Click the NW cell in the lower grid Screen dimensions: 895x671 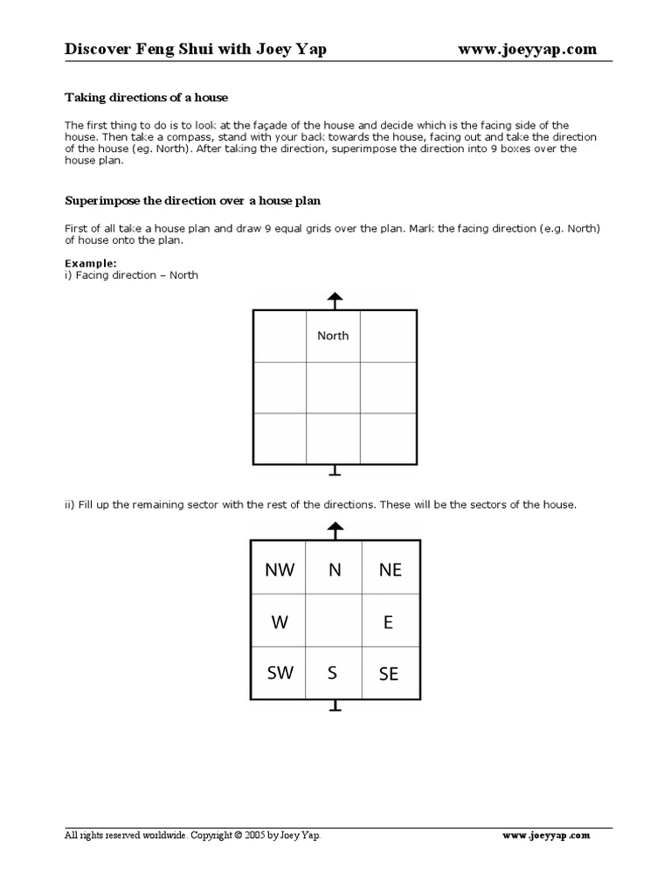pyautogui.click(x=280, y=570)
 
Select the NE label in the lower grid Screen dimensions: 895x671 pyautogui.click(x=390, y=570)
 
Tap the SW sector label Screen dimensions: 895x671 pyautogui.click(x=280, y=673)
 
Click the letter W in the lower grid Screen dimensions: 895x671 pyautogui.click(x=280, y=622)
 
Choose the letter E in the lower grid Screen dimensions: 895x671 pyautogui.click(x=389, y=622)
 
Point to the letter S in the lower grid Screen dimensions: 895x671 pyautogui.click(x=332, y=673)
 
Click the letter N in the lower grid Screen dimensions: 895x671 pyautogui.click(x=334, y=570)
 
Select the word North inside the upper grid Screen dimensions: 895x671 pyautogui.click(x=333, y=336)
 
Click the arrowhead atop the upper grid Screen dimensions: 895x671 pyautogui.click(x=334, y=298)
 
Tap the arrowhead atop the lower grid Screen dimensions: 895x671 pyautogui.click(x=334, y=529)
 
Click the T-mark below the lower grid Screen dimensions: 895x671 pyautogui.click(x=334, y=707)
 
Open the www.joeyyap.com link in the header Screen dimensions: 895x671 pyautogui.click(x=528, y=50)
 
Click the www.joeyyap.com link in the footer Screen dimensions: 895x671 pyautogui.click(x=547, y=836)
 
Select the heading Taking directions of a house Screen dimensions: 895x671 pyautogui.click(x=147, y=97)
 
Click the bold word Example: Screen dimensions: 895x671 pyautogui.click(x=91, y=263)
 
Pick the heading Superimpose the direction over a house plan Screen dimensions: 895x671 pyautogui.click(x=193, y=200)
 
